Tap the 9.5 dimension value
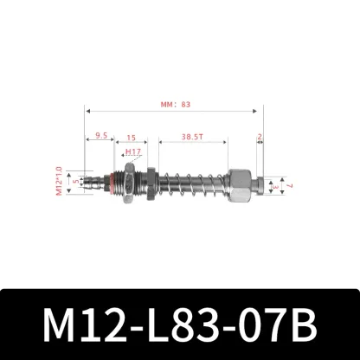pos(102,136)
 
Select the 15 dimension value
pos(132,136)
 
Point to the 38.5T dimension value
pos(192,136)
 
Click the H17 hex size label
pos(132,151)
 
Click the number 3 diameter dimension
pos(273,185)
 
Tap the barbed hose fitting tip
pos(93,183)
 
